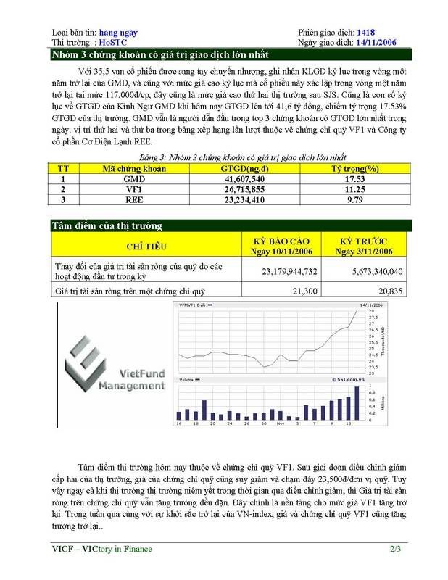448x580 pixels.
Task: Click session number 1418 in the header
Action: (367, 33)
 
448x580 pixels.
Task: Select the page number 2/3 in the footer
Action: (394, 549)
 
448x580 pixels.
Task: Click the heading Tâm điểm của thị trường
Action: (107, 225)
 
